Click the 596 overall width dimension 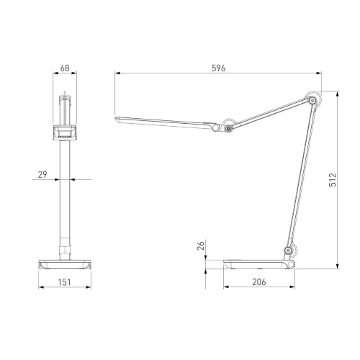(219, 68)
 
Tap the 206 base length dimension (260, 282)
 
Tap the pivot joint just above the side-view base (289, 251)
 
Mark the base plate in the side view (259, 264)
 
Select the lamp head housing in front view (65, 132)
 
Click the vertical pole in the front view (65, 194)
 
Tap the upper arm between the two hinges (270, 113)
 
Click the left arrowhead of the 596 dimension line (117, 73)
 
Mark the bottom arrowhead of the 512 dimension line (339, 266)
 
